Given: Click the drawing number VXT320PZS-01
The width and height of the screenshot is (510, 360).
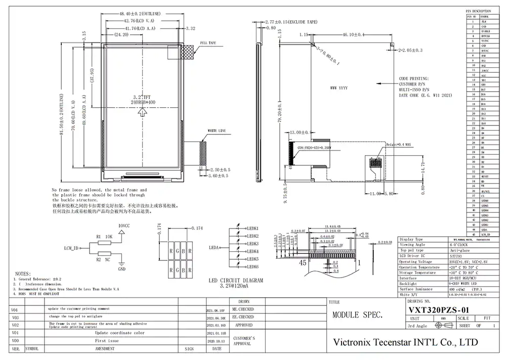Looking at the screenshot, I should [x=439, y=309].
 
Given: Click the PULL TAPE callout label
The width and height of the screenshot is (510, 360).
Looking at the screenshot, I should [x=208, y=43].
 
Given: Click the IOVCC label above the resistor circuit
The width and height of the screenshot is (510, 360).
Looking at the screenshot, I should [x=124, y=225].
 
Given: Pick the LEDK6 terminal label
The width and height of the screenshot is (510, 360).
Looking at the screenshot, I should [x=252, y=266].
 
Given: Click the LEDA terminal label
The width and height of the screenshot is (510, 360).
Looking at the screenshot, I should [x=214, y=248].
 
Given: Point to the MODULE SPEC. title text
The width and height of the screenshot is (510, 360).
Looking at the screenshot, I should [x=357, y=315].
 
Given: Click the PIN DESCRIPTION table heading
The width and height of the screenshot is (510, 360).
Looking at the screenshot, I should [x=478, y=11].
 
